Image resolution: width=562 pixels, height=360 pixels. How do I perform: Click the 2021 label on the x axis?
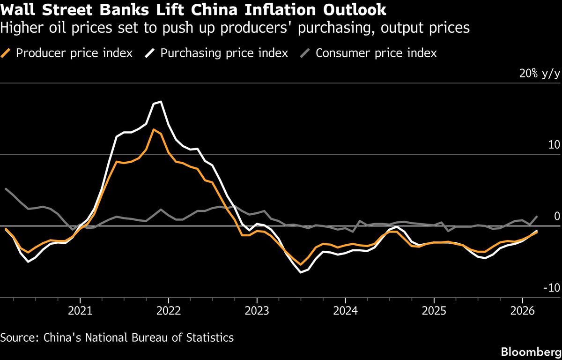tap(80, 311)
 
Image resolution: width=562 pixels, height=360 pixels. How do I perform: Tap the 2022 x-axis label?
tap(169, 311)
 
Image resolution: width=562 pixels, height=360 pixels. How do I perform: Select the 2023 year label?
tap(257, 311)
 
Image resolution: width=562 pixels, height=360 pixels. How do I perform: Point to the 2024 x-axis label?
tap(345, 311)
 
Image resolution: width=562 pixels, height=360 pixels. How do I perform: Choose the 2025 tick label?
tap(434, 311)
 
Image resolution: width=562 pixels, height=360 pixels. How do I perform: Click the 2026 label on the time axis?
tap(522, 311)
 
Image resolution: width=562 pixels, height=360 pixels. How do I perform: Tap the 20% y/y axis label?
tap(539, 74)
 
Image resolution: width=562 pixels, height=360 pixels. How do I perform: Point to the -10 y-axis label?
tap(552, 287)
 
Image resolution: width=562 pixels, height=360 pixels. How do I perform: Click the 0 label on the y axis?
tap(557, 216)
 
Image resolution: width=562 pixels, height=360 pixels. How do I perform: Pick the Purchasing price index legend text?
tap(224, 53)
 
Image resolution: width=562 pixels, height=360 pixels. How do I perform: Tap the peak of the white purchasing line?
tap(161, 102)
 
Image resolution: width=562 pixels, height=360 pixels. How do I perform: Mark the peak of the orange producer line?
tap(154, 129)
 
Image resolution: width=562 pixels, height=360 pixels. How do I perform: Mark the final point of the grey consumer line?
tap(537, 217)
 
